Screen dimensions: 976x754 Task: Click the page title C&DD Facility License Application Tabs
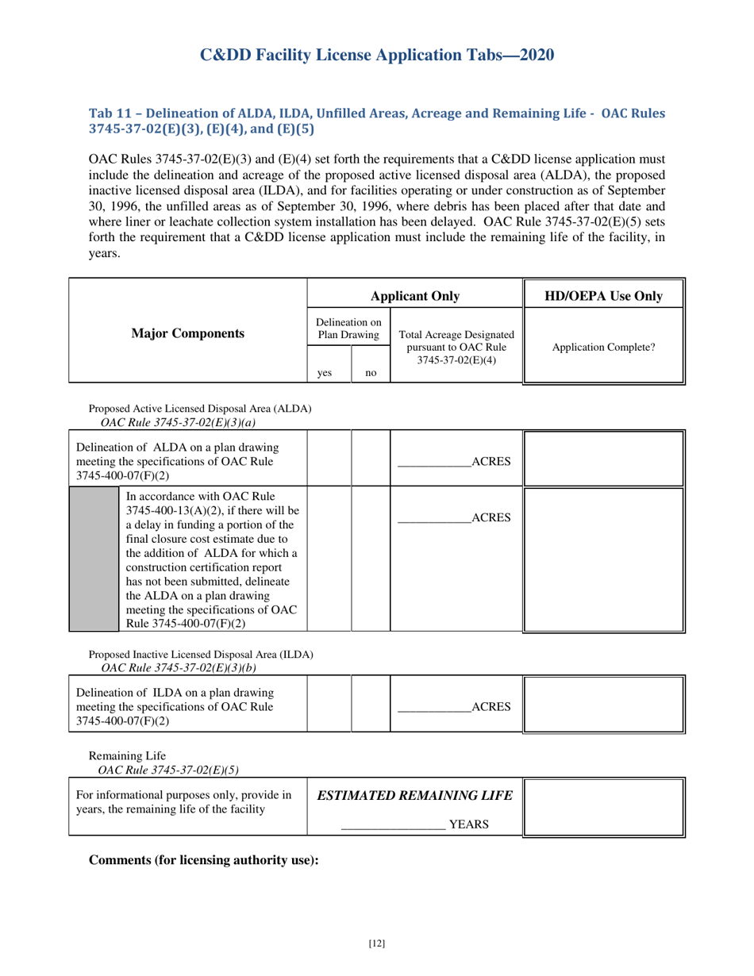click(x=376, y=55)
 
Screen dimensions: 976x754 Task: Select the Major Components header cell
click(x=187, y=333)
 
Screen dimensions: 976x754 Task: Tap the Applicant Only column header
click(x=414, y=296)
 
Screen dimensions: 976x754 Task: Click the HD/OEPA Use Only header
click(x=603, y=296)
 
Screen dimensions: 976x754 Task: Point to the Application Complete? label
click(x=603, y=348)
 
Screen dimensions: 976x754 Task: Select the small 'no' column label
click(x=370, y=371)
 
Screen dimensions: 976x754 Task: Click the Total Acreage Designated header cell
click(x=456, y=348)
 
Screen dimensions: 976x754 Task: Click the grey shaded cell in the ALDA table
click(x=94, y=559)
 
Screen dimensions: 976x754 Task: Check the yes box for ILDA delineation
click(x=329, y=704)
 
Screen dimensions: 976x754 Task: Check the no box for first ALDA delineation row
click(x=371, y=459)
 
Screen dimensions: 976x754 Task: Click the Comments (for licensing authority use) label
click(x=203, y=860)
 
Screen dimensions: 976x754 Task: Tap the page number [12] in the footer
click(x=376, y=943)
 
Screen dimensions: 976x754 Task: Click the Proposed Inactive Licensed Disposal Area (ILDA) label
click(x=201, y=655)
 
